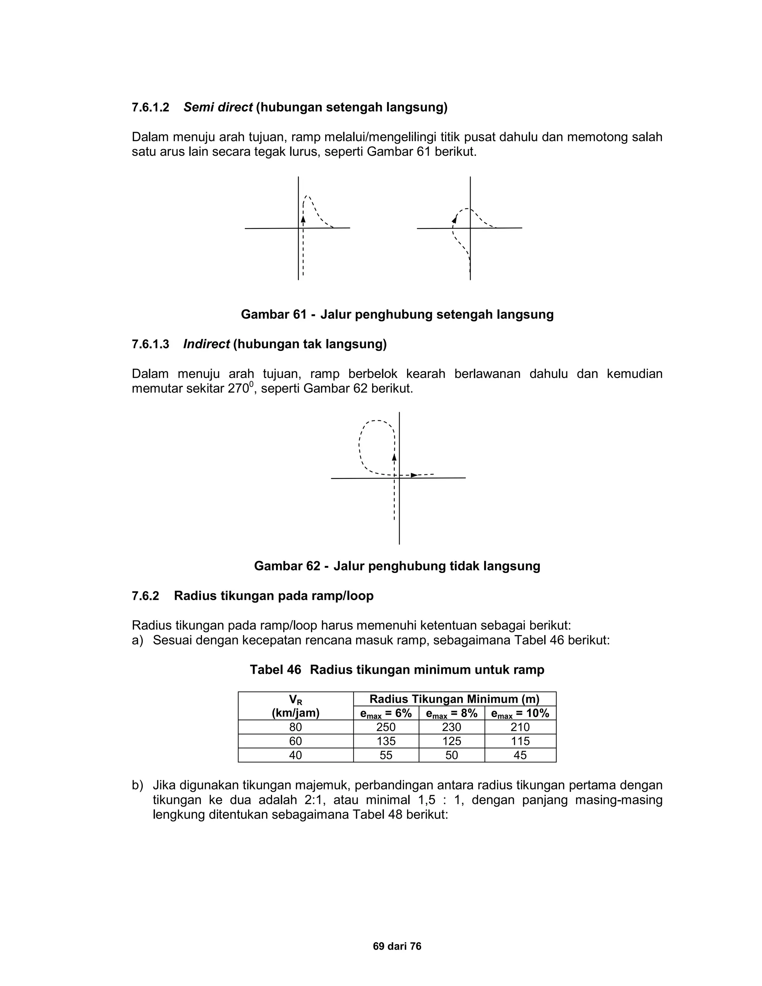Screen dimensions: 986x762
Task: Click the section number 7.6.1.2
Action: point(150,108)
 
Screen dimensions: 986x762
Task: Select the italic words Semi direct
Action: point(218,108)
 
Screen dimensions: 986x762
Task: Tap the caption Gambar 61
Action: point(273,314)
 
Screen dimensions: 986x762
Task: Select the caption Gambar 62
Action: point(287,566)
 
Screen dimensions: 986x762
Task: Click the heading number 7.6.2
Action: point(145,596)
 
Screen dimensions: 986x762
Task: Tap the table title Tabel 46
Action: point(275,670)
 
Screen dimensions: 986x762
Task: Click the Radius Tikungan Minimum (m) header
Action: point(454,700)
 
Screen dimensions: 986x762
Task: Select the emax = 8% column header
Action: point(451,714)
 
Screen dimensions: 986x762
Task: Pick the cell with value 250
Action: point(386,727)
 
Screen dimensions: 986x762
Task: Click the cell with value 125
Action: point(451,741)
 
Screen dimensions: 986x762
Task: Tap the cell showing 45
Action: point(520,755)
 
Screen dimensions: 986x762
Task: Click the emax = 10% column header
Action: point(520,714)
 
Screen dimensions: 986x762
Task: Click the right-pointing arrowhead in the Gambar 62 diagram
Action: point(413,475)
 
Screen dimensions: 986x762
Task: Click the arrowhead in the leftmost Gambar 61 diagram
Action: point(303,219)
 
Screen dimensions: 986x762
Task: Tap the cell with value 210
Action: point(520,727)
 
